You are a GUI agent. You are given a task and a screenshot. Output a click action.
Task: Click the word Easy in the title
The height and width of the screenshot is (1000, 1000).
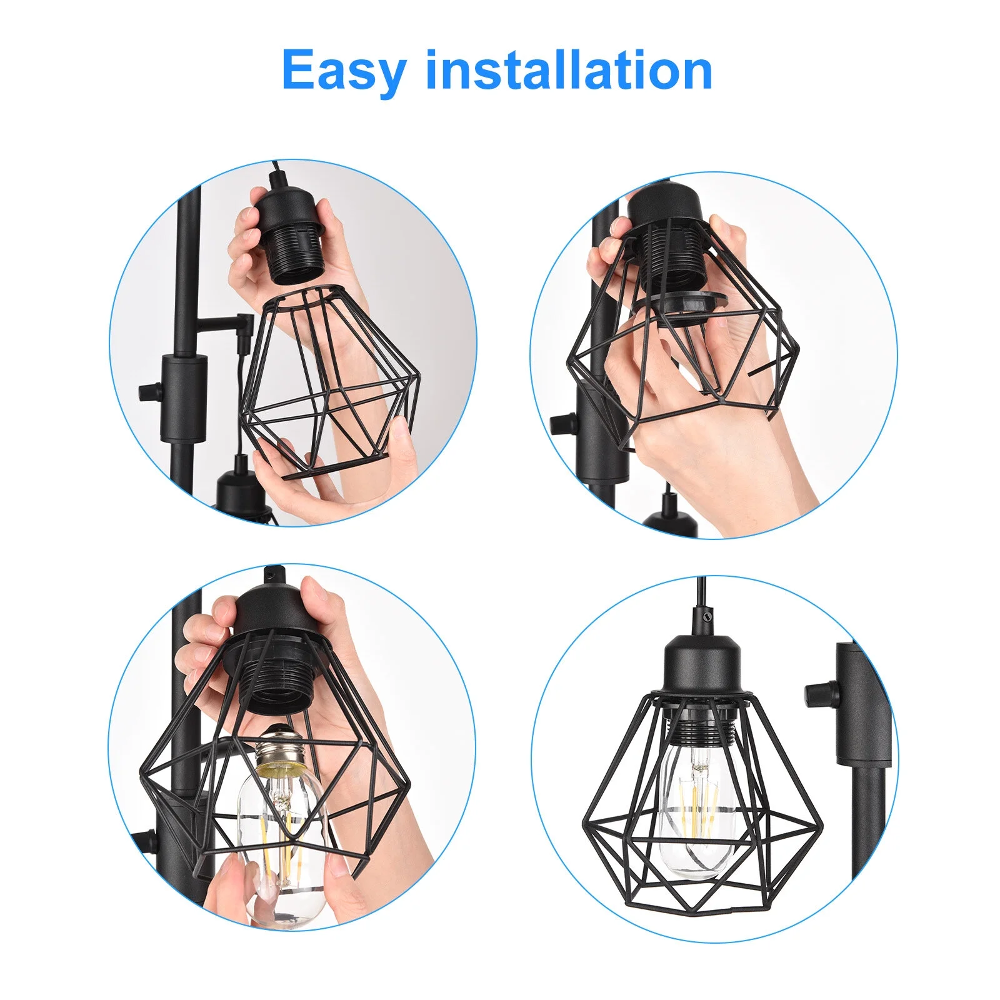click(344, 71)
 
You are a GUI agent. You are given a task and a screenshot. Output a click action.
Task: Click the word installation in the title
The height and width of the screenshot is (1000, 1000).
click(569, 70)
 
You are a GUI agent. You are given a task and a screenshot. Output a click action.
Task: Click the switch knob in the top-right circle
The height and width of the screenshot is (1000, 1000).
click(560, 424)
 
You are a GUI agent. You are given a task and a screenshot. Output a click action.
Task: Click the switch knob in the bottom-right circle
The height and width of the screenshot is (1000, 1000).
click(819, 692)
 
